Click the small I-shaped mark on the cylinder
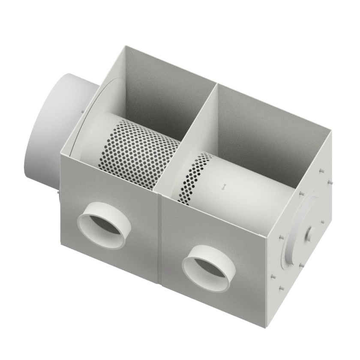[x=223, y=186]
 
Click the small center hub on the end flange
[x=309, y=234]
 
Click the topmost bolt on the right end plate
[x=321, y=171]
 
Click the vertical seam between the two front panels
[x=159, y=240]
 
